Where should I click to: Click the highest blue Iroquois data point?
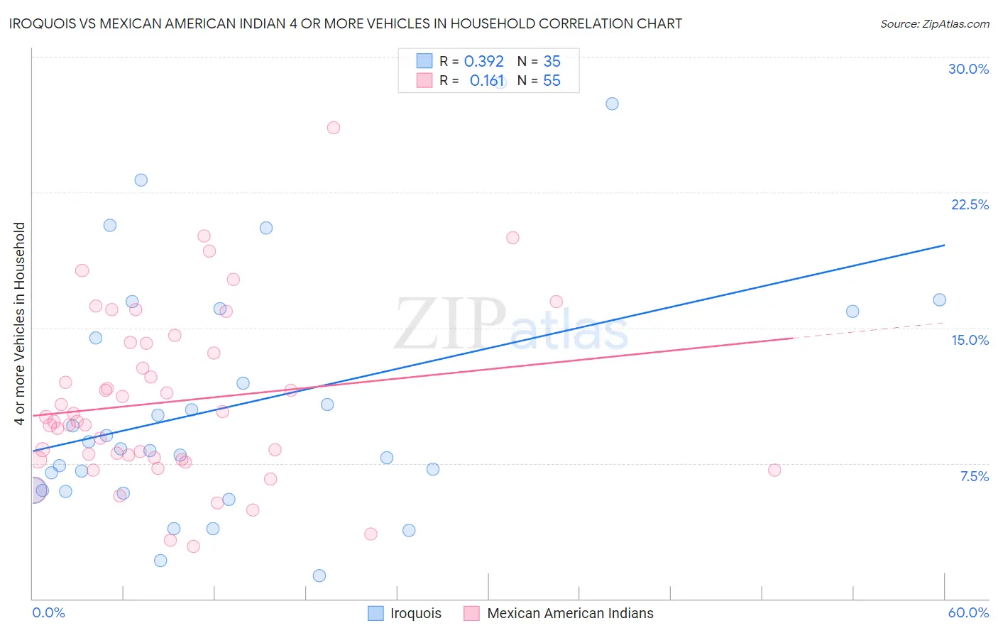point(612,104)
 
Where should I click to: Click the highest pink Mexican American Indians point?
point(334,128)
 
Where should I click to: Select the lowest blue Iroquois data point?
point(319,576)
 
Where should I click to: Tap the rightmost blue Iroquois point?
point(939,300)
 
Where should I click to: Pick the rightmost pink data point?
point(774,470)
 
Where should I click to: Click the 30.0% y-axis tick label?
point(968,69)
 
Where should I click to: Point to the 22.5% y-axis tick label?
point(970,204)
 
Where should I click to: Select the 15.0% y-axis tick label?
point(970,340)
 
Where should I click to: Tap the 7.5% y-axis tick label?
point(974,476)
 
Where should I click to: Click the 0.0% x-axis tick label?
point(48,612)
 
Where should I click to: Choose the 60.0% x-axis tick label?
point(968,612)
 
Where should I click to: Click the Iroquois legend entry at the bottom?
point(415,613)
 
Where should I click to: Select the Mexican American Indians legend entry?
point(570,613)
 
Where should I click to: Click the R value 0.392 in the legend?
point(483,62)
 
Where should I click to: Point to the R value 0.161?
point(487,81)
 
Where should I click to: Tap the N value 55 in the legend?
point(552,81)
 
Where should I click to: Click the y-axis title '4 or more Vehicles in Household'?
point(19,324)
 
